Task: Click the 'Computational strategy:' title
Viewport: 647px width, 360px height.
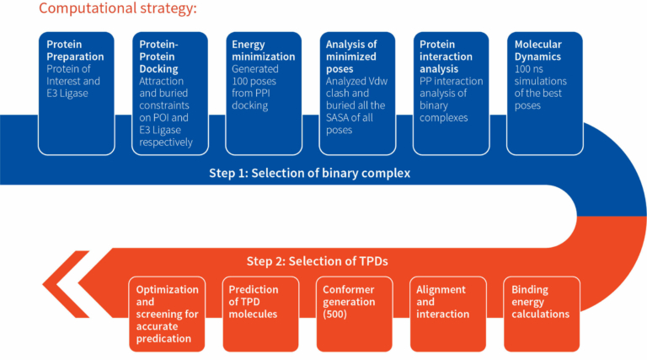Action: tap(118, 8)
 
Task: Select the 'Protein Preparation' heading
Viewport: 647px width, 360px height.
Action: tap(75, 51)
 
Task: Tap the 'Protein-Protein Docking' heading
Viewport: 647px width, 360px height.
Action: tap(159, 56)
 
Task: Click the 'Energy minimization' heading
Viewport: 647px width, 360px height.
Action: tap(263, 51)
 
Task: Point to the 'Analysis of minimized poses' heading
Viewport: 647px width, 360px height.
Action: tap(351, 56)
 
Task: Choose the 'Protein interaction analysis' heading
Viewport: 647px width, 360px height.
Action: tap(446, 56)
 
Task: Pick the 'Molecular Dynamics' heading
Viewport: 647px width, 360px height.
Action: tap(537, 51)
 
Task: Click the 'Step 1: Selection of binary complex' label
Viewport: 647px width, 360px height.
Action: tap(309, 173)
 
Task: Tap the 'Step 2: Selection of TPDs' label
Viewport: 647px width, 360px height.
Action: tap(317, 261)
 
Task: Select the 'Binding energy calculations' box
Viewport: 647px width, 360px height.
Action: tap(542, 314)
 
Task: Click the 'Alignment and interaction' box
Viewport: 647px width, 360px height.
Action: tap(447, 314)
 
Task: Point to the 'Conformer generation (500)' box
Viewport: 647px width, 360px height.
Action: tap(355, 314)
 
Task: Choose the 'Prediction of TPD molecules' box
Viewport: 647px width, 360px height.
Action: tap(260, 314)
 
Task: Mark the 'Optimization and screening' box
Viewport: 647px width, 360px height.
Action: tap(167, 314)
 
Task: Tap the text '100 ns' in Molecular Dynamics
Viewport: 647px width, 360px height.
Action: tap(528, 69)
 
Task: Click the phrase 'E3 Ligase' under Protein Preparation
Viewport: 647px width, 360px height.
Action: tap(67, 94)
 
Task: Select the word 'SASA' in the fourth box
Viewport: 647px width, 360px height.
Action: tap(338, 118)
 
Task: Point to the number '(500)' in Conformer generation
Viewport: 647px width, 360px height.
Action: tap(334, 314)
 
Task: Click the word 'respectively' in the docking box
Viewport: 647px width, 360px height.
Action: tap(166, 142)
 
